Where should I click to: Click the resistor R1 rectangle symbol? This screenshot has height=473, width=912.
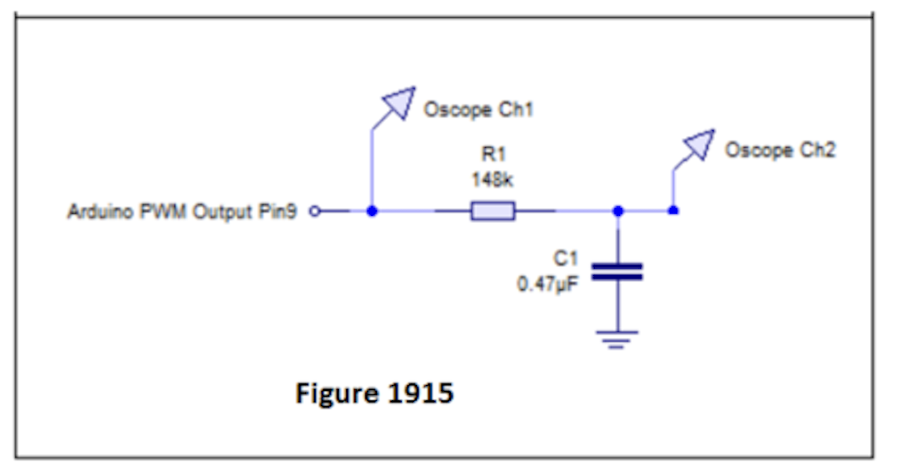492,211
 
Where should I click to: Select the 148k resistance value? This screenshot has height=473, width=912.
492,181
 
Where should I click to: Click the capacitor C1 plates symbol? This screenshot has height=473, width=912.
618,272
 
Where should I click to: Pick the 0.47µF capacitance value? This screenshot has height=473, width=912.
548,284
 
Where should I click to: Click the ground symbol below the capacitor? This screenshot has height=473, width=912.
618,338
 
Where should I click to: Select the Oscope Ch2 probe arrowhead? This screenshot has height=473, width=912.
699,144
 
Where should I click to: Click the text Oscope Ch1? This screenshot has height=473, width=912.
478,110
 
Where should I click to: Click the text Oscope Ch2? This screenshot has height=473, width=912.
779,151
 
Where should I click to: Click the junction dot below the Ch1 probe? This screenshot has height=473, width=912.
371,211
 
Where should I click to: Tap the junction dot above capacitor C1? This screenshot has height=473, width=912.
618,211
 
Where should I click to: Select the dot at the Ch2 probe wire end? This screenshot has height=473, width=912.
672,211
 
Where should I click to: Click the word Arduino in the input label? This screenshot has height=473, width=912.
93,212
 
